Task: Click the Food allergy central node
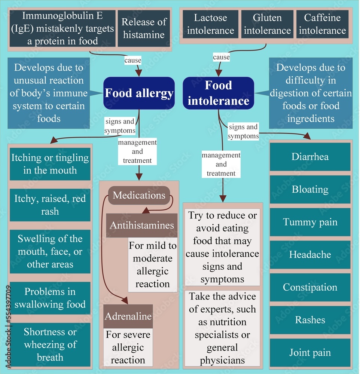[139, 93]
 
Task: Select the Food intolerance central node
[219, 93]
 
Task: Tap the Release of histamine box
[144, 28]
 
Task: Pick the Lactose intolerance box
[211, 24]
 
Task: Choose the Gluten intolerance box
[267, 24]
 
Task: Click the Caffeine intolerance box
[322, 24]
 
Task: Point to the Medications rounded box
[139, 195]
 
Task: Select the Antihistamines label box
[142, 225]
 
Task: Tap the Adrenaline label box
[128, 316]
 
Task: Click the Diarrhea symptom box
[310, 157]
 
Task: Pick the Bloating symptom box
[310, 189]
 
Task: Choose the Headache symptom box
[310, 255]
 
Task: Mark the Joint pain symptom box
[310, 353]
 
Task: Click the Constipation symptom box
[310, 287]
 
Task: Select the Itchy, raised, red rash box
[50, 205]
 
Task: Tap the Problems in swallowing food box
[50, 298]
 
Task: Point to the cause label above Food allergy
[133, 60]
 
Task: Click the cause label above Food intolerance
[221, 57]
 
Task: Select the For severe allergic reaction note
[128, 347]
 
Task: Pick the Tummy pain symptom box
[310, 222]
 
